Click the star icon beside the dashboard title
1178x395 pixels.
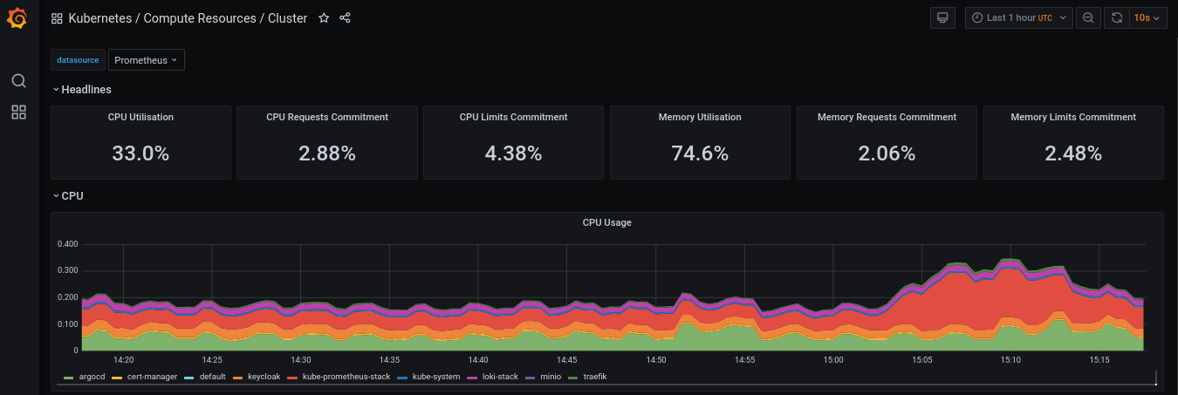324,18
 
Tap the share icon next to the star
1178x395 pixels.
345,18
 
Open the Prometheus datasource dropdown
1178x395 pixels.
146,60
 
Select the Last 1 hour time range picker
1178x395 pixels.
1018,18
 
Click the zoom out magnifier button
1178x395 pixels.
1088,18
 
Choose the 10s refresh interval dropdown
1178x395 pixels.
1147,18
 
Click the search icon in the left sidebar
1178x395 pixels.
18,81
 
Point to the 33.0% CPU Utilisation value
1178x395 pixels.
140,153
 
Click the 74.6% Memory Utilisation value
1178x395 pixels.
700,153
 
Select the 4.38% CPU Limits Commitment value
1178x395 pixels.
513,153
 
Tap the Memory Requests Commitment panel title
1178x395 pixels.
887,117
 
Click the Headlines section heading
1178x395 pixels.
86,89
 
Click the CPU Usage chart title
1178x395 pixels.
606,222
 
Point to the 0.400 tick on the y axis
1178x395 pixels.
67,244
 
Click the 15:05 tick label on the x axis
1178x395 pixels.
921,359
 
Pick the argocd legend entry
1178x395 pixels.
90,377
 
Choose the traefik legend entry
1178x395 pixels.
594,377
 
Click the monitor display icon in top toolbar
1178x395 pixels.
942,18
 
